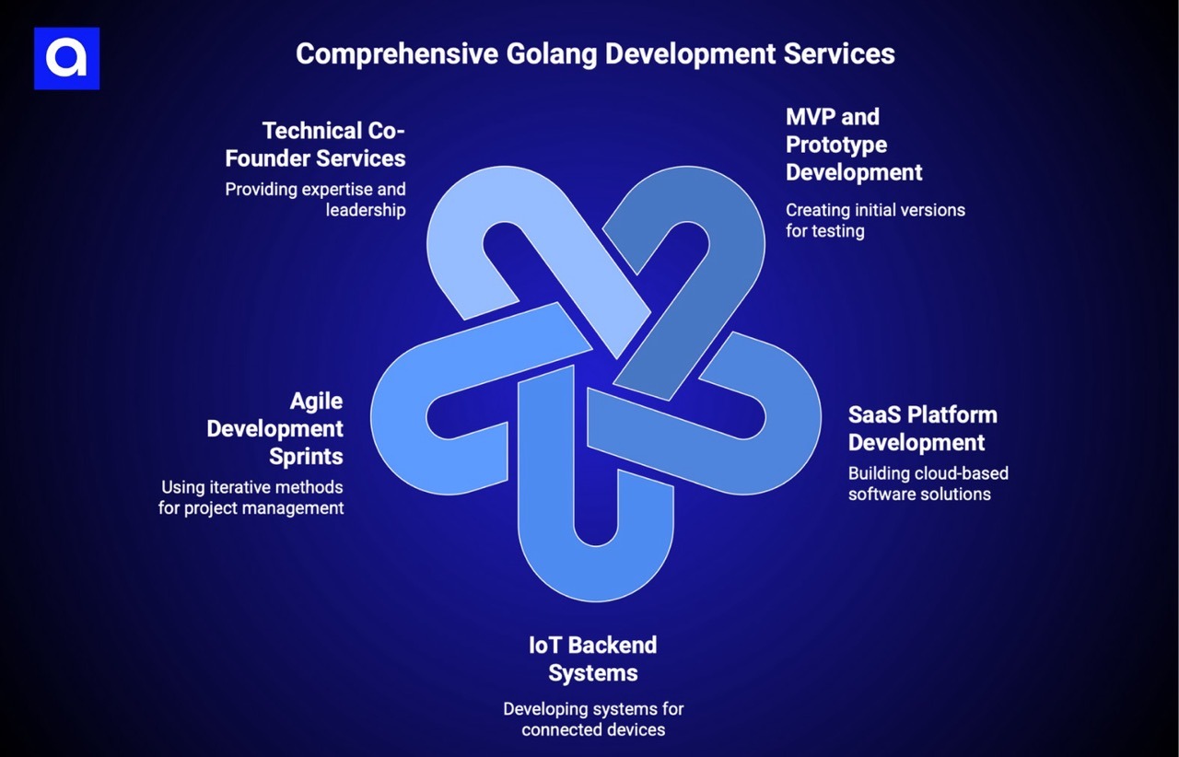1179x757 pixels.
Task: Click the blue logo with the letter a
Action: (x=66, y=58)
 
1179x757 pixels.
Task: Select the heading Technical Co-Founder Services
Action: (x=316, y=144)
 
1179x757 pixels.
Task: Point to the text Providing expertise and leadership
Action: (x=316, y=199)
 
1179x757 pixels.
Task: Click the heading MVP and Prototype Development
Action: (x=854, y=145)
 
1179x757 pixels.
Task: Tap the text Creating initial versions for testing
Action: (x=875, y=220)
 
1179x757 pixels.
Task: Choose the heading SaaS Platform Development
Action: (x=922, y=428)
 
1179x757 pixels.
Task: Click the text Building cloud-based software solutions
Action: (x=928, y=483)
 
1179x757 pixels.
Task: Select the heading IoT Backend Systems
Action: (x=593, y=658)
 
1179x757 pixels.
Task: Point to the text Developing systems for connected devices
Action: (x=593, y=719)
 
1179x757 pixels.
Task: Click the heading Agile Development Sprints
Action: (x=275, y=428)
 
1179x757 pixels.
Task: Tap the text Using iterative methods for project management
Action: (x=251, y=497)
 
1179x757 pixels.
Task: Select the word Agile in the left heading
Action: (x=316, y=401)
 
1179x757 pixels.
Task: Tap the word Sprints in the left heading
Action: (x=306, y=456)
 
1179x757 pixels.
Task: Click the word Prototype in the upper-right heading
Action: (x=836, y=145)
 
